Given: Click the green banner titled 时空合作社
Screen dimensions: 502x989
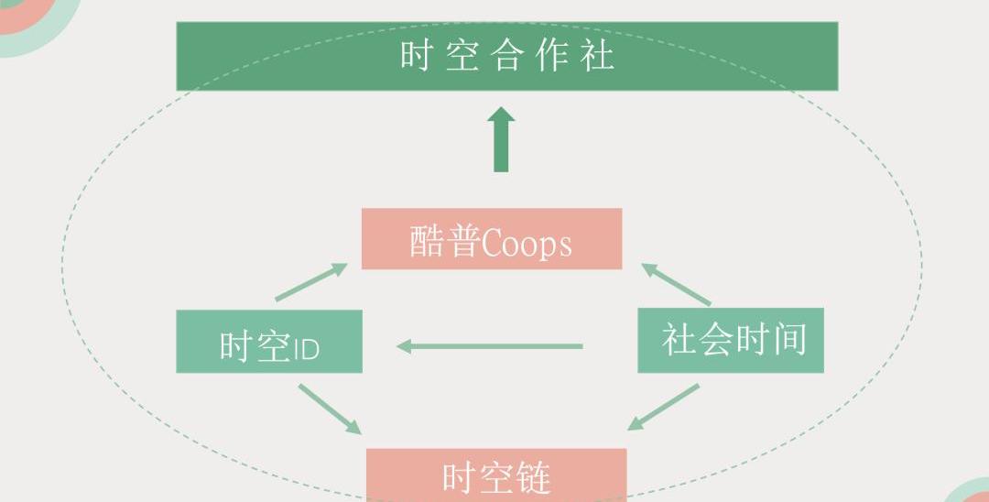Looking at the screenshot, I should [506, 56].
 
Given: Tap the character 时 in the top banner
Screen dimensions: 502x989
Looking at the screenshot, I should [415, 56].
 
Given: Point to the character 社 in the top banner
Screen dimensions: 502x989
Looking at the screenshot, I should [599, 56].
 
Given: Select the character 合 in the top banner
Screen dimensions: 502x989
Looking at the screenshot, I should [506, 56].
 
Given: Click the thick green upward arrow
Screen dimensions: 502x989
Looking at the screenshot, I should [501, 139].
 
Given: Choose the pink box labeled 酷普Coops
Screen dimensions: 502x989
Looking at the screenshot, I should [492, 239].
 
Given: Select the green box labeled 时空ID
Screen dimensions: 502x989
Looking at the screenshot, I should [269, 342].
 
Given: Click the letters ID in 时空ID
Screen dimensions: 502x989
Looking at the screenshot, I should [306, 349].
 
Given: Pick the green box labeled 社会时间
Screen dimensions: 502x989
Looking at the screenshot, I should [730, 341].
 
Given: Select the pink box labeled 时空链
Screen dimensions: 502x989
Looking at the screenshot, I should [496, 475].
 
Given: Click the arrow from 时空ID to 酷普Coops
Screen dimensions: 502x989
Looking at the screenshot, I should [311, 282].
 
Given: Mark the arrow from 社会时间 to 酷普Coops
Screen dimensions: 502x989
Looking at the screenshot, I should [676, 284].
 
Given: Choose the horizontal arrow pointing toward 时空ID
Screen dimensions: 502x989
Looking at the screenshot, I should [490, 346].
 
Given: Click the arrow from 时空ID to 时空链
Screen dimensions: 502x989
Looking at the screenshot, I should [330, 409].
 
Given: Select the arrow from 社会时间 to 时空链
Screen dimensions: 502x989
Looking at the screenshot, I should [663, 407].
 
